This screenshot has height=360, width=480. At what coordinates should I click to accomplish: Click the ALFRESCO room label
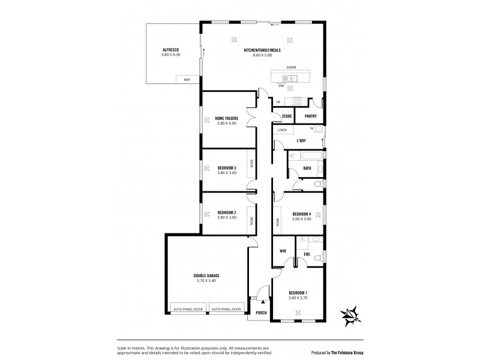click(x=171, y=50)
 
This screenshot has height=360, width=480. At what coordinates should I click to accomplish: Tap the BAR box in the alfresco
click(x=187, y=79)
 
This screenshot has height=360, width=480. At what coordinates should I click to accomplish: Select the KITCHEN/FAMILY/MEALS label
click(x=262, y=50)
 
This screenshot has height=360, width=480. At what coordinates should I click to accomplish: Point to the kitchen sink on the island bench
click(x=291, y=77)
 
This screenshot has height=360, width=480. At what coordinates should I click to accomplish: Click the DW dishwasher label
click(x=281, y=86)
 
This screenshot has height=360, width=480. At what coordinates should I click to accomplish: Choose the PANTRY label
click(x=310, y=116)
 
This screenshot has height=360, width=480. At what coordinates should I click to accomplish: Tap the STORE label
click(x=286, y=116)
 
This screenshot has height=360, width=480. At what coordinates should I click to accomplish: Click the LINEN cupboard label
click(x=283, y=130)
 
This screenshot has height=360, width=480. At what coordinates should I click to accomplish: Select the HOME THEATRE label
click(x=226, y=118)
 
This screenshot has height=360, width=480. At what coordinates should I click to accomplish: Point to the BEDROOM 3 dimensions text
click(x=226, y=172)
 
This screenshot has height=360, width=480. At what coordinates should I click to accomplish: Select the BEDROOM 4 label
click(x=301, y=214)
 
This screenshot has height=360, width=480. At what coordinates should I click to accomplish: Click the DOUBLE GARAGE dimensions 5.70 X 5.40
click(x=205, y=280)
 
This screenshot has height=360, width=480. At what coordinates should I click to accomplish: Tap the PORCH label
click(x=261, y=313)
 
